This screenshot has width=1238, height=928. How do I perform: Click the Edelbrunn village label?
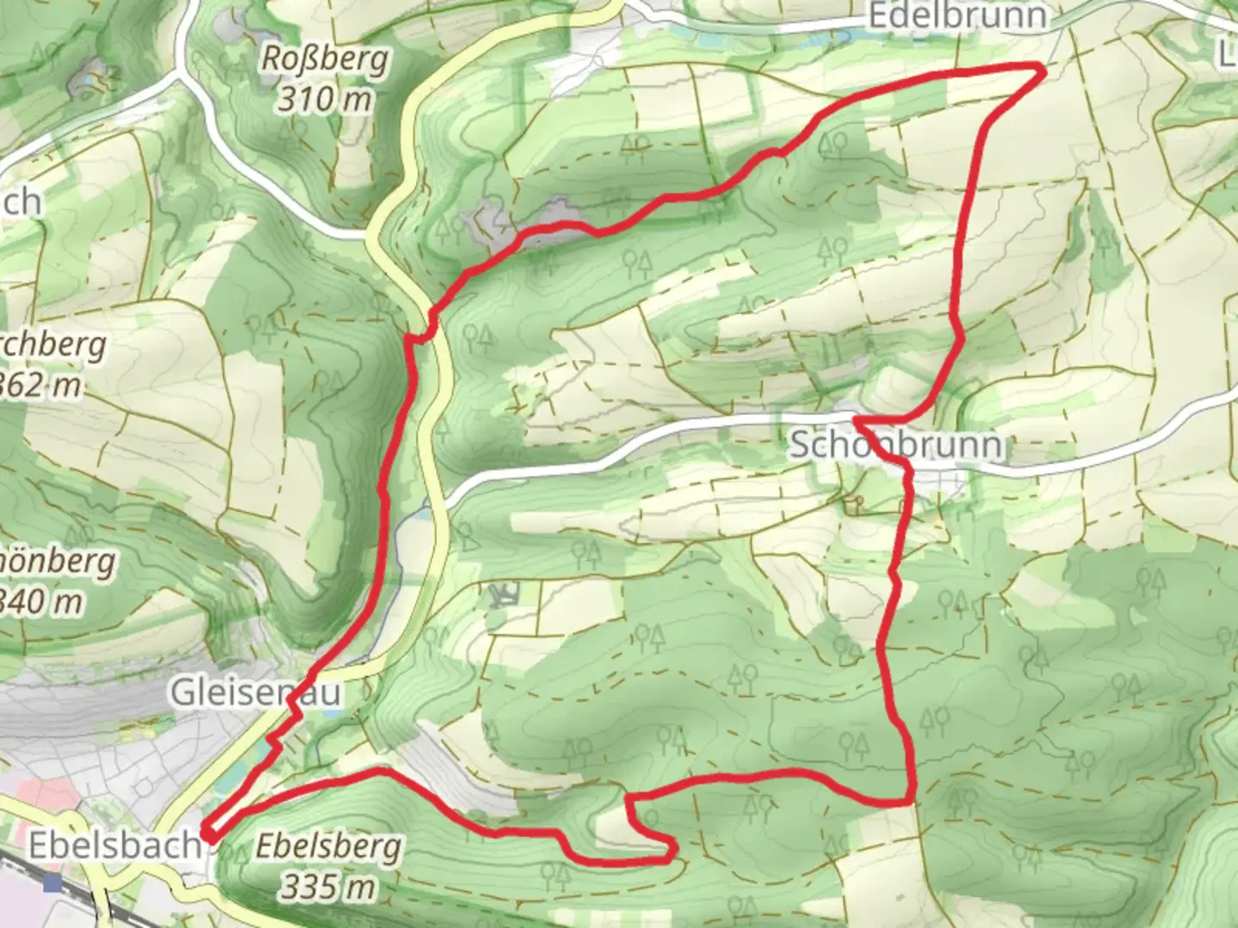coord(957,15)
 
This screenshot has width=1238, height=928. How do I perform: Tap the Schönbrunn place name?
coord(896,445)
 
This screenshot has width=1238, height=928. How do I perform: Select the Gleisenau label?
coord(256,693)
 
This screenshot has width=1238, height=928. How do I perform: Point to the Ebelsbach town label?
coord(114,846)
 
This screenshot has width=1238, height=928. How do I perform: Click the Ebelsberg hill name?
coord(328,848)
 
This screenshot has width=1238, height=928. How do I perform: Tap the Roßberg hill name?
coord(325,60)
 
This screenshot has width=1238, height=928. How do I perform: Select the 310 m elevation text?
coord(325,100)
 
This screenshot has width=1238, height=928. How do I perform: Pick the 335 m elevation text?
coord(328,886)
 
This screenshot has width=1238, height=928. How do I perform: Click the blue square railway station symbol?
coord(54,882)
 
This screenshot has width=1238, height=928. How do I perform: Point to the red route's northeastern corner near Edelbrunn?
coord(1042,69)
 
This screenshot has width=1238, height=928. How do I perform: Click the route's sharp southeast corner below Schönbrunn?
coord(910,801)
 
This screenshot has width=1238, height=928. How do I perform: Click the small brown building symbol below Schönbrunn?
coord(853,505)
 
